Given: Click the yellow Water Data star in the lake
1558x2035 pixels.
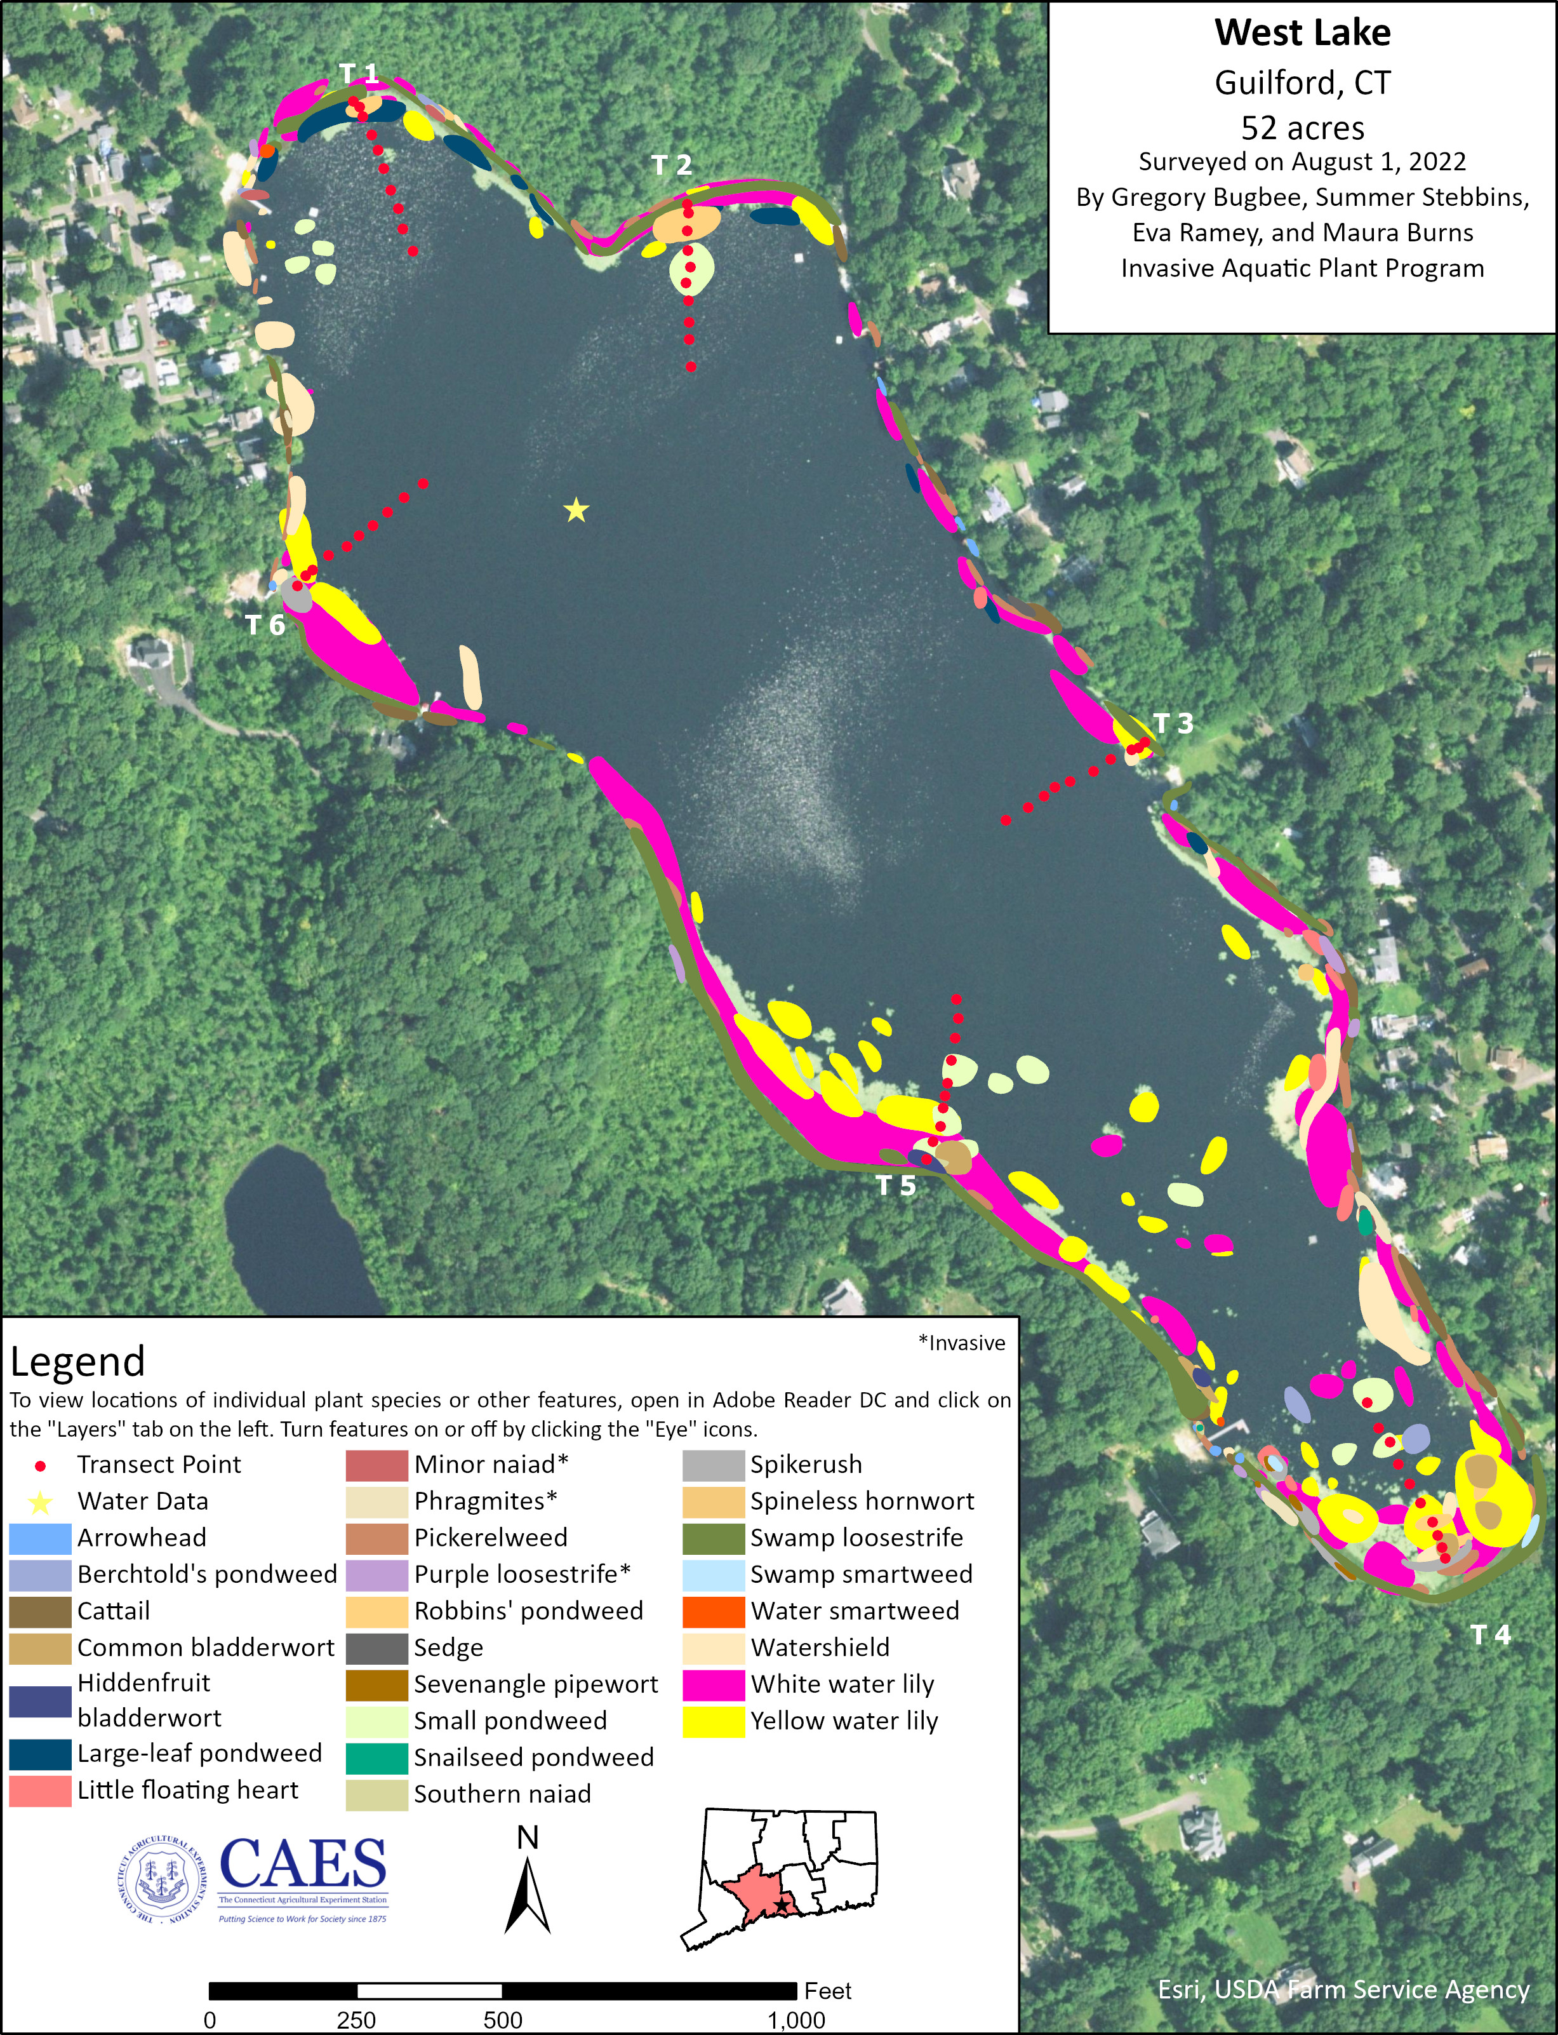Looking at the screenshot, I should [x=576, y=510].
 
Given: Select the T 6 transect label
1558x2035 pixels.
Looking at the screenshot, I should [x=265, y=625].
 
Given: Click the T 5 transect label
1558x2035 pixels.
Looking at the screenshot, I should [x=896, y=1185].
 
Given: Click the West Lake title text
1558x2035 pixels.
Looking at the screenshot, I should [x=1302, y=34].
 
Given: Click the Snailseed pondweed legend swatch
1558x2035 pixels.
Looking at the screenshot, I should [x=376, y=1757].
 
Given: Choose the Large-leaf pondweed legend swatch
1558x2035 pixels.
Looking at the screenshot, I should [x=40, y=1754].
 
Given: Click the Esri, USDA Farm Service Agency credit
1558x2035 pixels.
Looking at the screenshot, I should [x=1343, y=1989].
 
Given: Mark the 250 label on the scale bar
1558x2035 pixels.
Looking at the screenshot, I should [x=356, y=2020].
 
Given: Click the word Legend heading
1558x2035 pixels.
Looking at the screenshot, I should [x=78, y=1362].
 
